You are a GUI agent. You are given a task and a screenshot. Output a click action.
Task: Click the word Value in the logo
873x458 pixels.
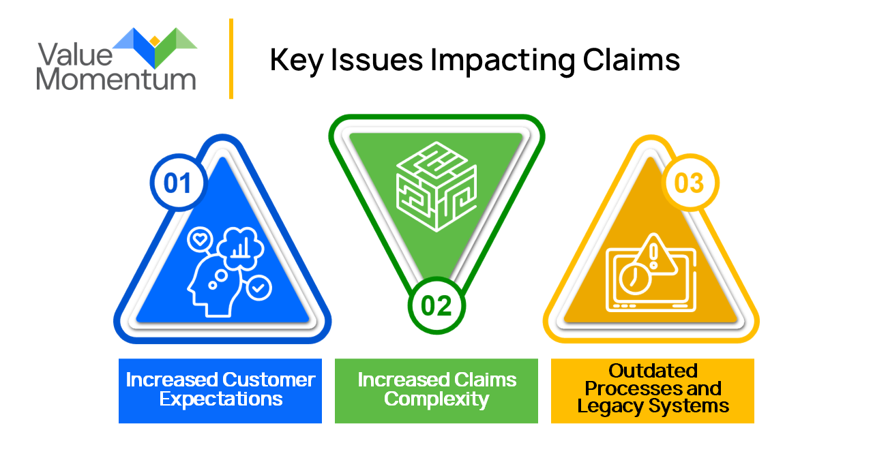click(x=68, y=55)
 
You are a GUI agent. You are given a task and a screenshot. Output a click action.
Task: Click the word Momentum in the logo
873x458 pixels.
click(x=116, y=80)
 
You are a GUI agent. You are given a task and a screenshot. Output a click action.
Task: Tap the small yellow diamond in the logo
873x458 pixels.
click(x=155, y=41)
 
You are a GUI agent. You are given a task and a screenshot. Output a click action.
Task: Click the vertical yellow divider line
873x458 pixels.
click(x=231, y=59)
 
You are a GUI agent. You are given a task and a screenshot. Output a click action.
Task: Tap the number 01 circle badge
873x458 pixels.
click(x=177, y=183)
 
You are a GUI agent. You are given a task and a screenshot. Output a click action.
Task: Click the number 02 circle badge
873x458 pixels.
click(x=436, y=305)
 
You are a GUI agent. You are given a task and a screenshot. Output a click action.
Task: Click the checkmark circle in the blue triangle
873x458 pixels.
click(x=258, y=288)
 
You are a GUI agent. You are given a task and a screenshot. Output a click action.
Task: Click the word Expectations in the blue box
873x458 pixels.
click(x=221, y=399)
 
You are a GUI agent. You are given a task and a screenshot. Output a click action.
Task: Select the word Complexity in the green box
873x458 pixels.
click(x=436, y=399)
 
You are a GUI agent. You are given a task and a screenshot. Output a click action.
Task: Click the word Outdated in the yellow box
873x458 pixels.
click(x=653, y=371)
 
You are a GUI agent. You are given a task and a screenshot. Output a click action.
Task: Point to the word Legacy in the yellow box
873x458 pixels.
click(x=609, y=406)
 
